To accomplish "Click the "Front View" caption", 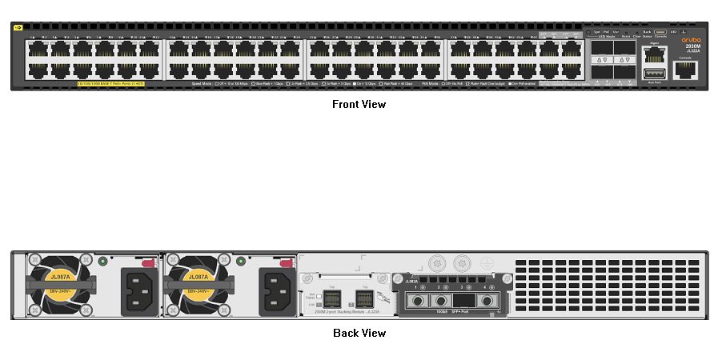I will click(x=359, y=104).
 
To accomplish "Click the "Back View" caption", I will click(x=359, y=333).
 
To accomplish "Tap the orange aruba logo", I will click(x=690, y=38).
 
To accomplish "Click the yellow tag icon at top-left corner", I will click(x=18, y=27).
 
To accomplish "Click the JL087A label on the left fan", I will click(x=60, y=277).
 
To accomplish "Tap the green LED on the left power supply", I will click(x=103, y=261).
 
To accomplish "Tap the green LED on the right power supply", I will click(x=242, y=261).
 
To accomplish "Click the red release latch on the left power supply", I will click(x=147, y=261).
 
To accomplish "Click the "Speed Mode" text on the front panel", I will click(x=201, y=83).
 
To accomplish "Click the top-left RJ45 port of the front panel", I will click(x=36, y=48).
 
